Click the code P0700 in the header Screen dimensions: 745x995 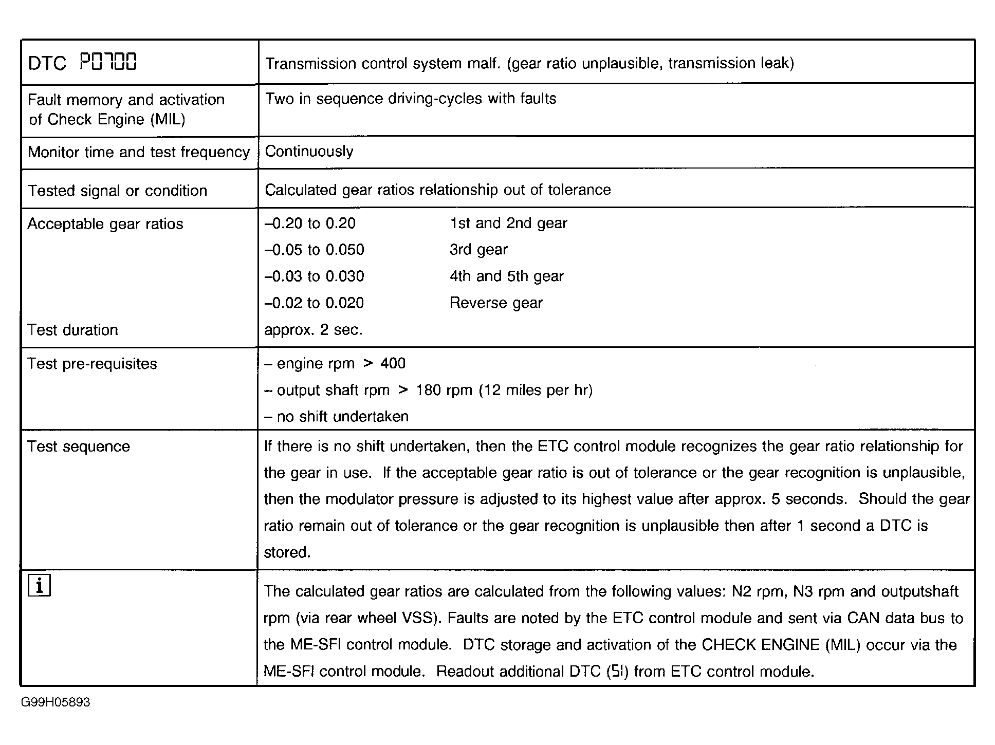tap(108, 63)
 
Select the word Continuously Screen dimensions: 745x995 tap(309, 152)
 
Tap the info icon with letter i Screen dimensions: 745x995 tap(39, 586)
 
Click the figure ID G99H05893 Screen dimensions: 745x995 tap(56, 702)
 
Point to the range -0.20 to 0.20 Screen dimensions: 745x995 tap(310, 223)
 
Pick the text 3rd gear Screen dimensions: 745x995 tap(478, 250)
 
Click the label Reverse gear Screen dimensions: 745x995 tap(496, 303)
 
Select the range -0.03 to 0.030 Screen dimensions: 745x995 tap(314, 276)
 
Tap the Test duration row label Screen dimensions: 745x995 tap(72, 330)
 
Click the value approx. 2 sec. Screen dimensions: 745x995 tap(313, 330)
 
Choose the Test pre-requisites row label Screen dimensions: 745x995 tap(92, 364)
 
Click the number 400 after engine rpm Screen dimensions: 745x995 tap(393, 364)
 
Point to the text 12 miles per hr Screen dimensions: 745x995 tap(536, 390)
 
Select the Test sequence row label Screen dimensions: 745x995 tap(79, 446)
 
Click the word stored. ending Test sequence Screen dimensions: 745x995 tap(287, 553)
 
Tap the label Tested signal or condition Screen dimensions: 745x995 tap(117, 191)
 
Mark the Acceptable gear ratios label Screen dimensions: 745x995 tap(105, 224)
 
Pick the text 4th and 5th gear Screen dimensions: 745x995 tap(507, 276)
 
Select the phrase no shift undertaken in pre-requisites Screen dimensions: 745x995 tap(342, 417)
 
